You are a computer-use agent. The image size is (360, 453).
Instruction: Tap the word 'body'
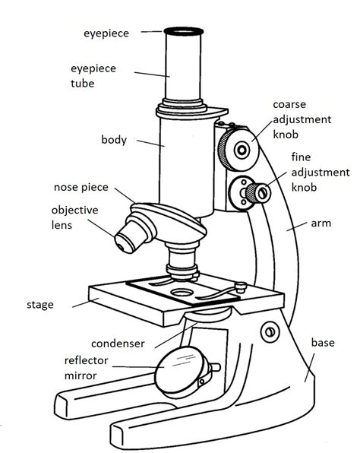tap(113, 140)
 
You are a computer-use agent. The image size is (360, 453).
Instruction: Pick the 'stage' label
tap(39, 305)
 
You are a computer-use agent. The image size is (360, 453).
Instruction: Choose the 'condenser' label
tap(118, 342)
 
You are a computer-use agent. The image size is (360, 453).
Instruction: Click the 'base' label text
tap(322, 343)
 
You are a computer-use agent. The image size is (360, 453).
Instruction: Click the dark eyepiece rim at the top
tap(185, 32)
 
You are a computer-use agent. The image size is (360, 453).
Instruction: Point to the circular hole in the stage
tap(183, 291)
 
